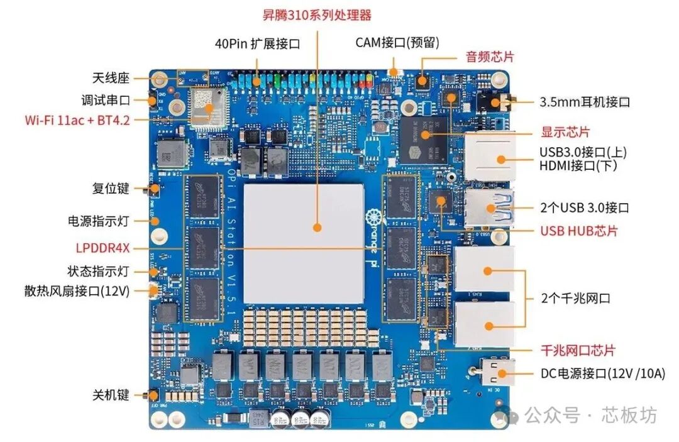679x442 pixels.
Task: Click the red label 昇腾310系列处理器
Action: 317,14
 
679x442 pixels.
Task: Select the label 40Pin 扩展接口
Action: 257,43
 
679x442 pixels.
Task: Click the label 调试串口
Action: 106,100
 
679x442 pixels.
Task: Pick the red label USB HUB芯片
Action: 579,231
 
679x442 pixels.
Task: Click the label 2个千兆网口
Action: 576,298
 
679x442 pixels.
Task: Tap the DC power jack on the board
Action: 496,372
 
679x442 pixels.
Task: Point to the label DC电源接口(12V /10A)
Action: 602,373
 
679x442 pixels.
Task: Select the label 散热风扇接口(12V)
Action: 77,291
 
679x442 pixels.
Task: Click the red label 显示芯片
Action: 565,133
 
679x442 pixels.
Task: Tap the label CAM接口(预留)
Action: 397,43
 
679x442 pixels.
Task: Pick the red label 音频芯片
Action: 490,57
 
